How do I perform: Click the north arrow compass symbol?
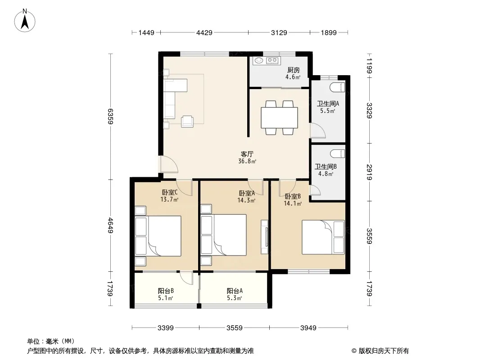pos(26,20)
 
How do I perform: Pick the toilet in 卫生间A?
pos(337,87)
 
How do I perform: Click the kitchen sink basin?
pos(259,60)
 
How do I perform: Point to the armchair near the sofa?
pos(187,121)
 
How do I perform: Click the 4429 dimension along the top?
pos(204,32)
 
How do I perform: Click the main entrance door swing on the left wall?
pos(168,165)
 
